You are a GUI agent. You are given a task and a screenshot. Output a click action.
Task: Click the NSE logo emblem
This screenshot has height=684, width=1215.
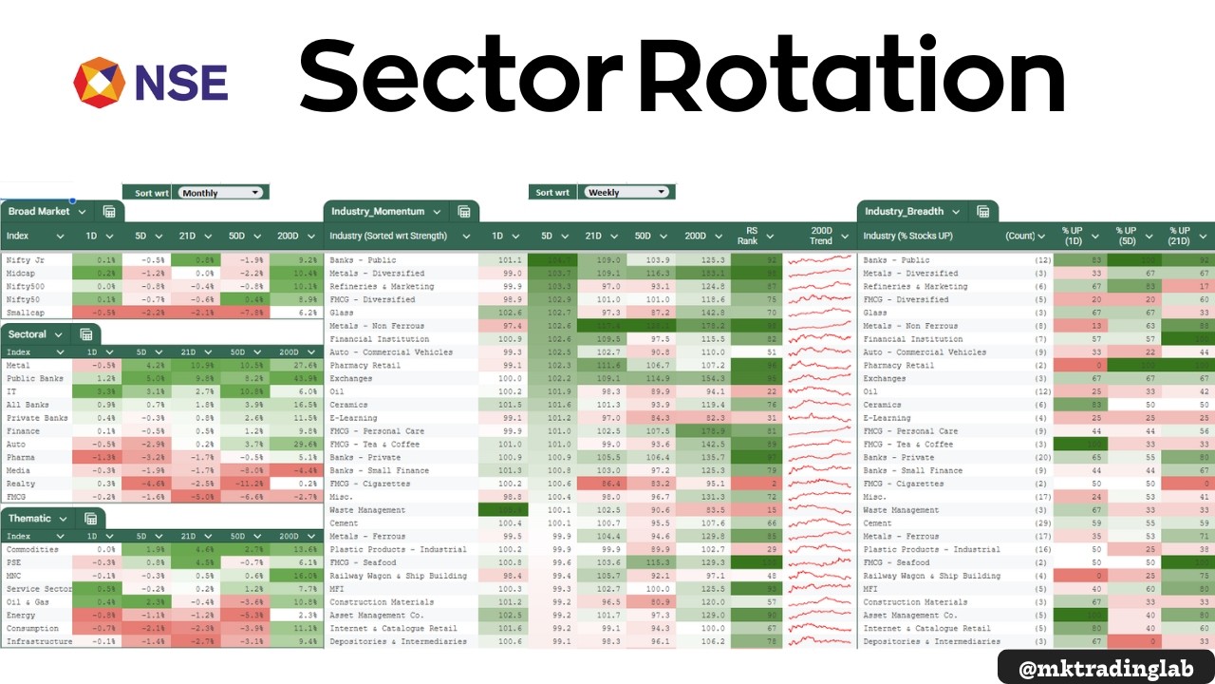pyautogui.click(x=99, y=83)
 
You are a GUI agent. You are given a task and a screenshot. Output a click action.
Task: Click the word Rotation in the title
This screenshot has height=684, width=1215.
pyautogui.click(x=852, y=76)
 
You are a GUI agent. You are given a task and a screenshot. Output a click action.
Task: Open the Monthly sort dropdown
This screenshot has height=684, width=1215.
pyautogui.click(x=220, y=193)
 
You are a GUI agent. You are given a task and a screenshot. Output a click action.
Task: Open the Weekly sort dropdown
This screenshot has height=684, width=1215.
pyautogui.click(x=626, y=192)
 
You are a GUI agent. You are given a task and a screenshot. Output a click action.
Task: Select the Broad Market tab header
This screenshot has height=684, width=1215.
pyautogui.click(x=40, y=212)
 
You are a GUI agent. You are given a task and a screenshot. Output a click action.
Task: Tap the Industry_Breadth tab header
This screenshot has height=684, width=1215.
pyautogui.click(x=904, y=212)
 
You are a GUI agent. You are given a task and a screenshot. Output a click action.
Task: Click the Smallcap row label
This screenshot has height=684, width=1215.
pyautogui.click(x=25, y=312)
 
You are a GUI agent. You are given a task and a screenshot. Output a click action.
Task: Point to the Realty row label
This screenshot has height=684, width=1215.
pyautogui.click(x=20, y=483)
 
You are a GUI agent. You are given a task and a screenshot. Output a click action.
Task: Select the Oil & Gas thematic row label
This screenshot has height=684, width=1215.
pyautogui.click(x=28, y=602)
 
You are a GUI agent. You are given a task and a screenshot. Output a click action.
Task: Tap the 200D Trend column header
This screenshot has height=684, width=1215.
pyautogui.click(x=821, y=236)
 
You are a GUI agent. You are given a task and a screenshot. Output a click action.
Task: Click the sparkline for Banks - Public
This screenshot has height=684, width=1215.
pyautogui.click(x=820, y=259)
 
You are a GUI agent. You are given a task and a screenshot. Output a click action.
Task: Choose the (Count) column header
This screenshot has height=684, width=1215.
pyautogui.click(x=1019, y=236)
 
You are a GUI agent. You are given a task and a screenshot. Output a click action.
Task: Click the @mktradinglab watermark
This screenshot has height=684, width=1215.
pyautogui.click(x=1106, y=668)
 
